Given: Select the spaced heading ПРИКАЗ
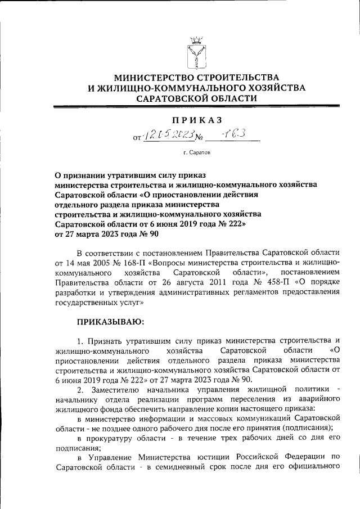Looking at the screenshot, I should tap(196, 119).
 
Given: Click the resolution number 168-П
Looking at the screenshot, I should tap(146, 262).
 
